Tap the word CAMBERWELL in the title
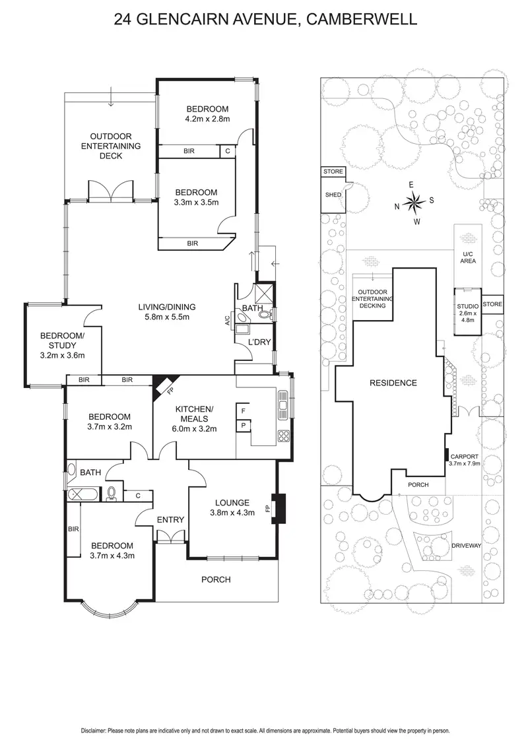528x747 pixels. coord(361,20)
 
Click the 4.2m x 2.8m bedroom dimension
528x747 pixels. coord(207,119)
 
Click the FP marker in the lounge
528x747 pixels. coord(268,509)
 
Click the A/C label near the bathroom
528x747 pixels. coord(226,321)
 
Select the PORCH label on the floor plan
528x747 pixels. coord(216,579)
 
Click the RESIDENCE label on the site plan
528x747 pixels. coord(393,383)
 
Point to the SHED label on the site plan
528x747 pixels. coord(333,195)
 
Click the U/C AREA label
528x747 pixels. coord(468,256)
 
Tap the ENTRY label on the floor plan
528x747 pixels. coord(170,520)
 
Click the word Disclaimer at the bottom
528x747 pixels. coord(94,731)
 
